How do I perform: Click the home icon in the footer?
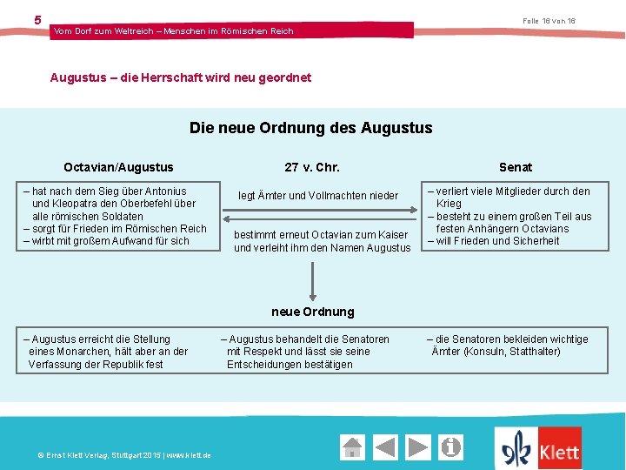point(352,447)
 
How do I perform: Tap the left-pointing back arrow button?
point(386,447)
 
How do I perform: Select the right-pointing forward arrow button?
point(418,447)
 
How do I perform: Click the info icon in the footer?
point(451,447)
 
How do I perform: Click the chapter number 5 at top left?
point(37,20)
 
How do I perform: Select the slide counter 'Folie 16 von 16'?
point(549,21)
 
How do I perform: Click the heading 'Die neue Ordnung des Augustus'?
point(310,128)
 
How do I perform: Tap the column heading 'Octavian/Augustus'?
point(118,167)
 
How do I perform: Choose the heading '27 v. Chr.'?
point(312,167)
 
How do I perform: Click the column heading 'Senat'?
point(516,167)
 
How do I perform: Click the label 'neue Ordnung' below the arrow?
point(313,312)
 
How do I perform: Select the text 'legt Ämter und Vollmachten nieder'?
point(318,196)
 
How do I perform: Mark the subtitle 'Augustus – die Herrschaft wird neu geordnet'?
point(181,77)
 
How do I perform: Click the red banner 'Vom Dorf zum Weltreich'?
point(174,31)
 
